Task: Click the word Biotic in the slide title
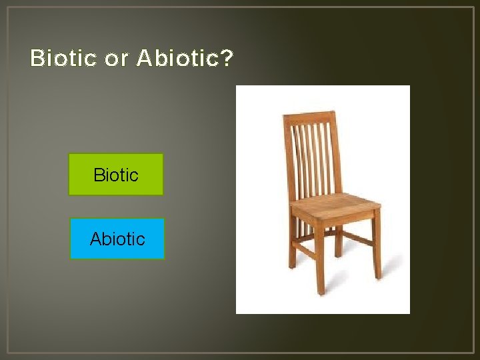(x=63, y=59)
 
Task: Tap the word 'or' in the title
(x=116, y=59)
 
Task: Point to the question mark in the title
(x=227, y=59)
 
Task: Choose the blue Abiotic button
(x=117, y=239)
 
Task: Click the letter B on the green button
(x=99, y=175)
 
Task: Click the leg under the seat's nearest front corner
(x=319, y=260)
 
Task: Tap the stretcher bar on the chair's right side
(x=357, y=237)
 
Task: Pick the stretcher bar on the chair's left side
(x=304, y=250)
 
